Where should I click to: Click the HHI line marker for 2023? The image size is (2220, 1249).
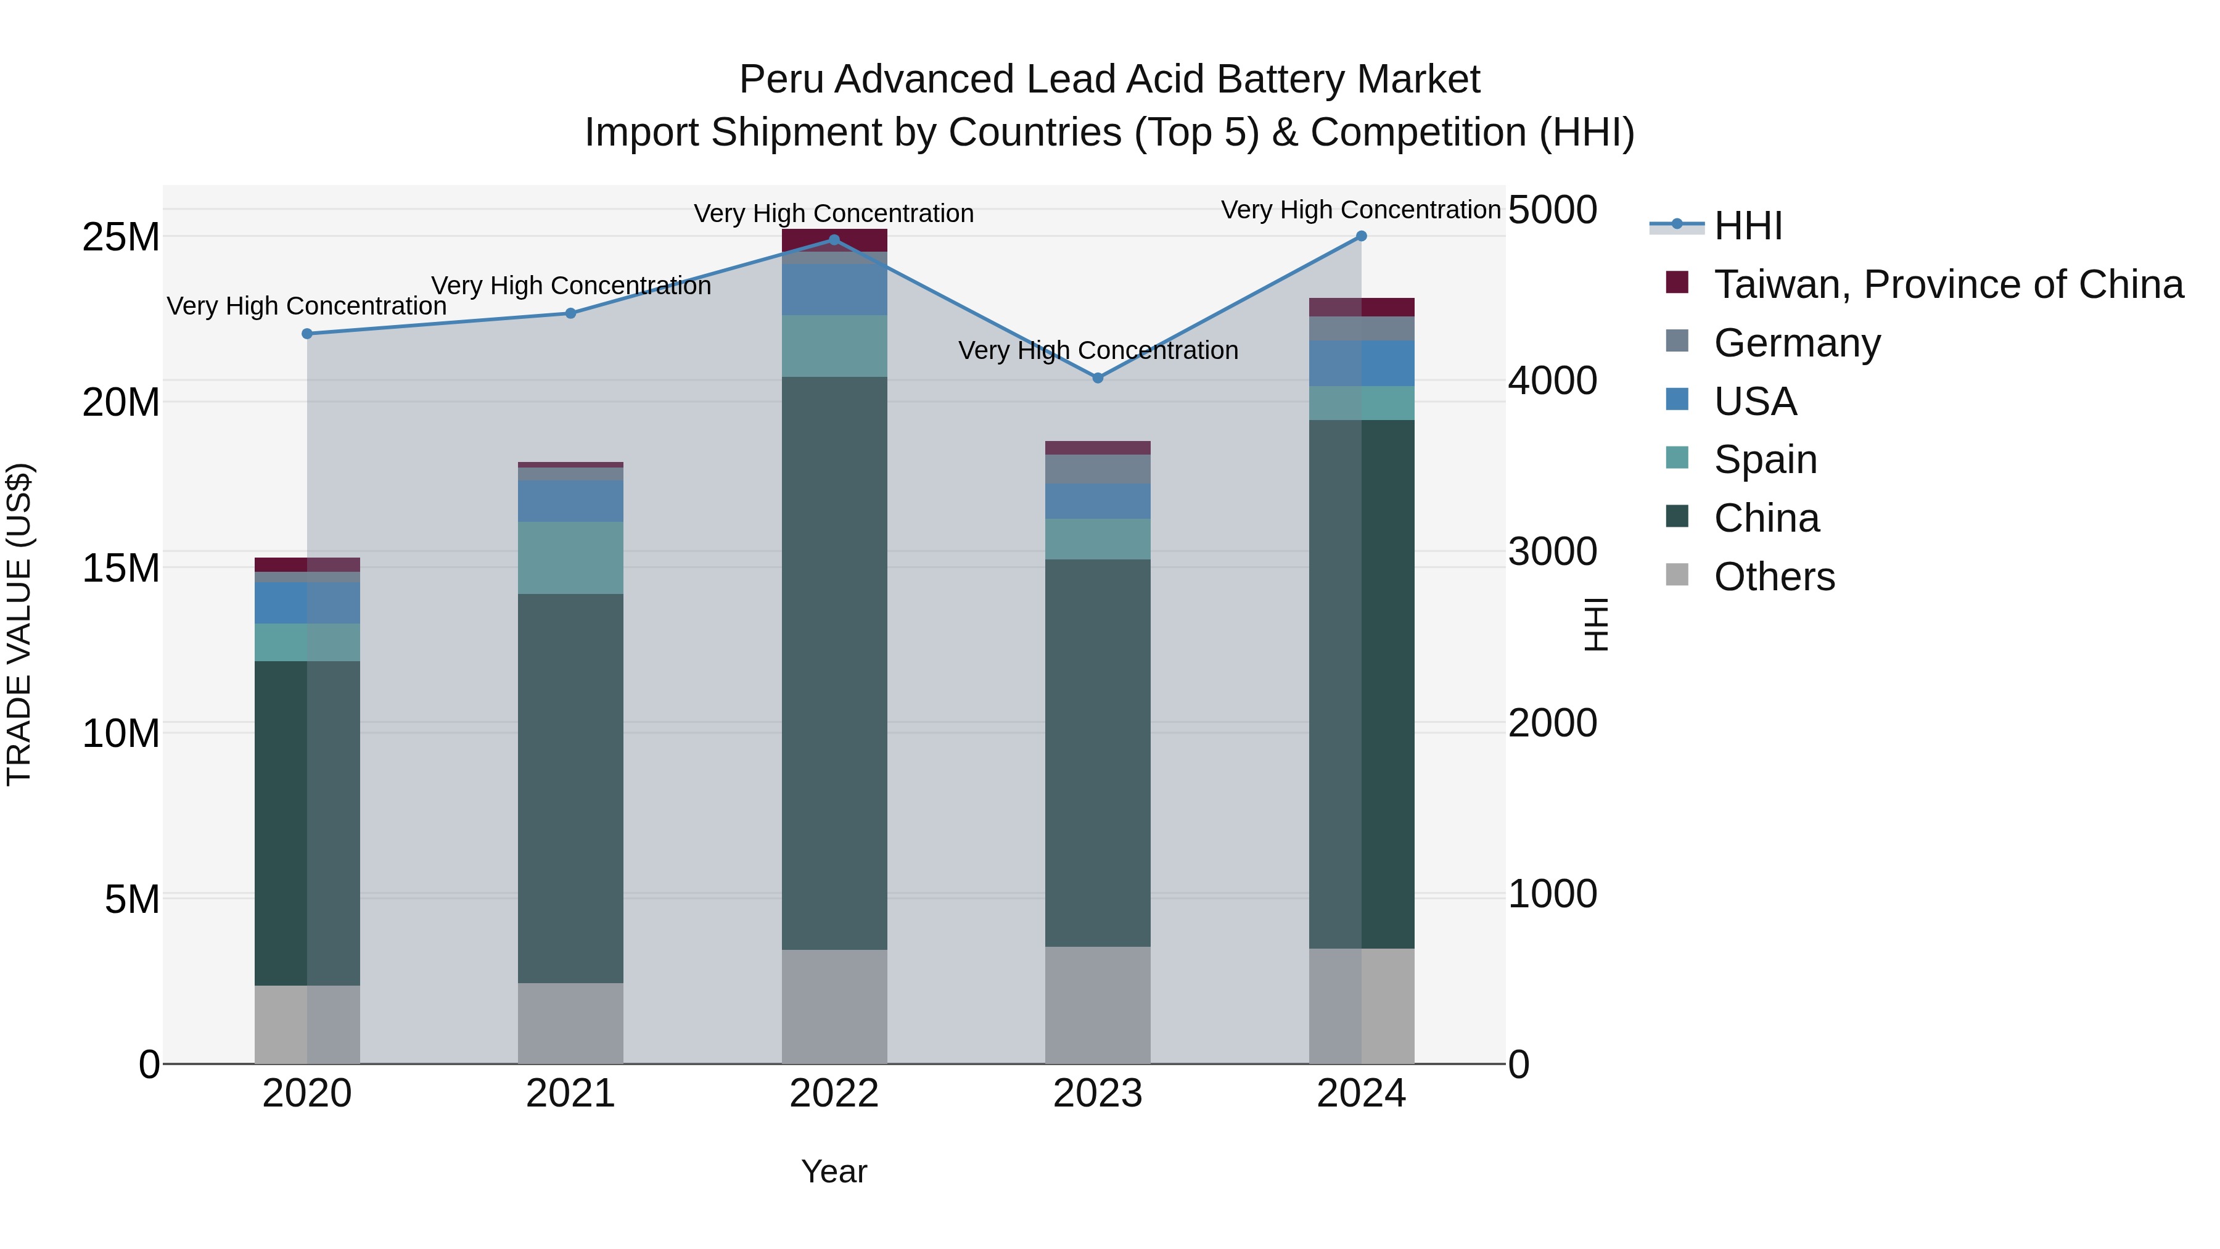coord(1097,377)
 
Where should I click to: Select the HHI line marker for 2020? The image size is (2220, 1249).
coord(307,334)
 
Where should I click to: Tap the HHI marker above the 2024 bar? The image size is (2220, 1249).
coord(1361,236)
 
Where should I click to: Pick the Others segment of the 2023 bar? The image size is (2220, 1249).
coord(1097,1005)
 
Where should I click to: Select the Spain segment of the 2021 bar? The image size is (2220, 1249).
coord(570,558)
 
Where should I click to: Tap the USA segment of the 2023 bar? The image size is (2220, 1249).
coord(1097,501)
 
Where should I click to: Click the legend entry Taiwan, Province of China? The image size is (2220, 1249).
coord(1947,284)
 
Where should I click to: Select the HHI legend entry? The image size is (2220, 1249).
coord(1747,226)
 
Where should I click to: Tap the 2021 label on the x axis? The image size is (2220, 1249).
coord(570,1094)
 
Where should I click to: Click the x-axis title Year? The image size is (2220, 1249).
coord(833,1171)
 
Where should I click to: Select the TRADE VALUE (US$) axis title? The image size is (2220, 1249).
coord(19,624)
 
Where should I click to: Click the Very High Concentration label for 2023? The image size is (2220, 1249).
coord(1097,351)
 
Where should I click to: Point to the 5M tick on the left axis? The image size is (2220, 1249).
coord(132,899)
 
